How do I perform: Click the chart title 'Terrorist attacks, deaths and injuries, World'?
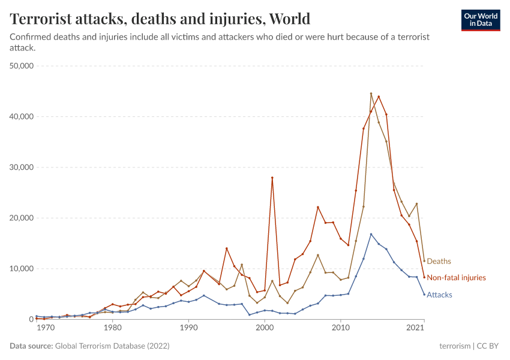(x=160, y=19)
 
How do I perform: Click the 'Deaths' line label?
(x=439, y=262)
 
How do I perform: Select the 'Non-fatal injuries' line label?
(x=456, y=278)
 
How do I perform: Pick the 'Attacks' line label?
(x=439, y=295)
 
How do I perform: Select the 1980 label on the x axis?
(x=112, y=329)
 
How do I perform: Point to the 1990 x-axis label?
(x=188, y=329)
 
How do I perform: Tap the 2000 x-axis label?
(x=265, y=329)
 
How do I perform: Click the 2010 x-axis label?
(x=341, y=329)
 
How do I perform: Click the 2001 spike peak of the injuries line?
(x=272, y=178)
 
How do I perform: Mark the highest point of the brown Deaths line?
(x=371, y=94)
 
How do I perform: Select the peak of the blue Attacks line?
(x=371, y=234)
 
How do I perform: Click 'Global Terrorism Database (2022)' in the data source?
(x=112, y=346)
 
